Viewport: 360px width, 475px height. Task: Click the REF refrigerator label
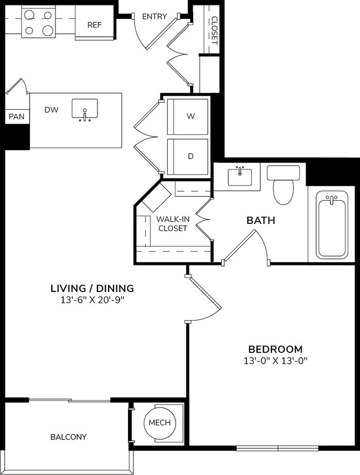coord(94,25)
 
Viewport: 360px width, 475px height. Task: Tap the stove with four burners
coord(38,22)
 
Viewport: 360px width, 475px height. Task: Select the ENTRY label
coord(155,17)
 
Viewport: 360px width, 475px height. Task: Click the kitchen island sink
coord(85,110)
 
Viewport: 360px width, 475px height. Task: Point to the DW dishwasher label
coord(52,110)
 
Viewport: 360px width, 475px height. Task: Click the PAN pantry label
coord(16,117)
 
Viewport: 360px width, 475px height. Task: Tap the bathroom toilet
coord(284,185)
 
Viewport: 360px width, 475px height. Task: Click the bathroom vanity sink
coord(240,177)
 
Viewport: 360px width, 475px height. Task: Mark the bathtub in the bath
coord(331,224)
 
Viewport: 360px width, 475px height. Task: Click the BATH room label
coord(261,221)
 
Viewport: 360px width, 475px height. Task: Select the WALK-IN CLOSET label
coord(172,223)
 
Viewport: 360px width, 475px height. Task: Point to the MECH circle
coord(160,423)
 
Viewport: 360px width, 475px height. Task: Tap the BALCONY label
coord(69,437)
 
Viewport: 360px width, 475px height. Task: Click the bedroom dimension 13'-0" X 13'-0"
coord(275,361)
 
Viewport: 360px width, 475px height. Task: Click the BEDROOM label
coord(275,349)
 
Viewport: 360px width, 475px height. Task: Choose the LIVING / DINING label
coord(92,288)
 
